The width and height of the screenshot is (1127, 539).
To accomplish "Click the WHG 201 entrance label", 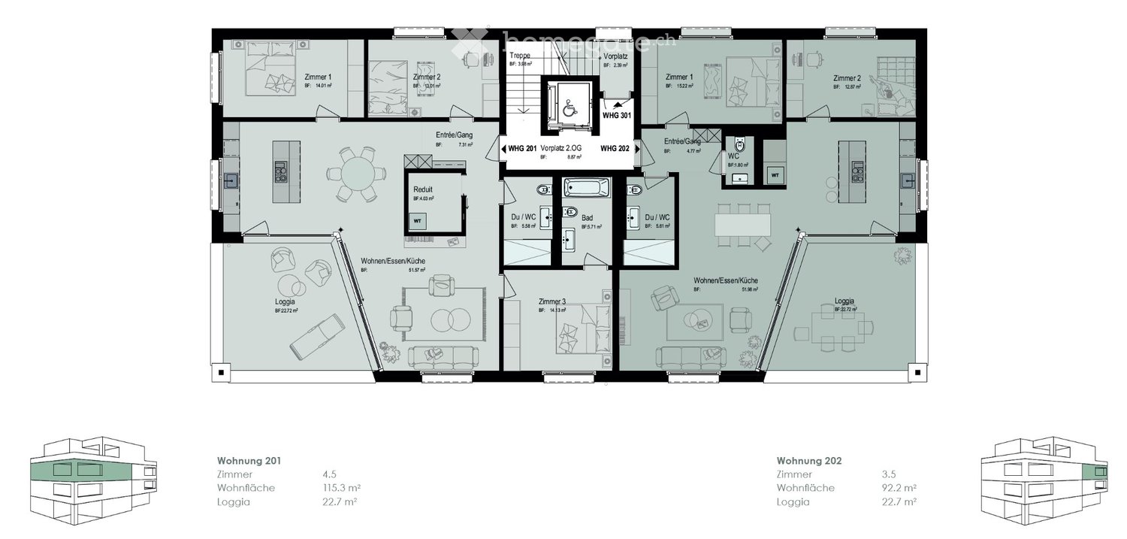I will tap(521, 148).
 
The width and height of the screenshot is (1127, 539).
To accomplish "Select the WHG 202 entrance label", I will tap(614, 148).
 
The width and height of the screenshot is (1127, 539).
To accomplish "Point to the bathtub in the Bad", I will tap(586, 187).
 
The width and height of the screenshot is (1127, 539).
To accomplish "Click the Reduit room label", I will tap(422, 189).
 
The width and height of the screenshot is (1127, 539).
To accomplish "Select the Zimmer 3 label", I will tap(552, 301).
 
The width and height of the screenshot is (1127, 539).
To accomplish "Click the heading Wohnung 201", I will tap(249, 461).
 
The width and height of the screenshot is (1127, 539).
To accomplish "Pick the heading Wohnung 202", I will tap(810, 461).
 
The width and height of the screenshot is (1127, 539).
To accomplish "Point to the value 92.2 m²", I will tap(898, 488).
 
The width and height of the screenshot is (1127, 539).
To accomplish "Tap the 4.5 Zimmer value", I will tap(328, 474).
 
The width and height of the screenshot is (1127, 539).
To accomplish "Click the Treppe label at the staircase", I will tap(520, 56).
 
